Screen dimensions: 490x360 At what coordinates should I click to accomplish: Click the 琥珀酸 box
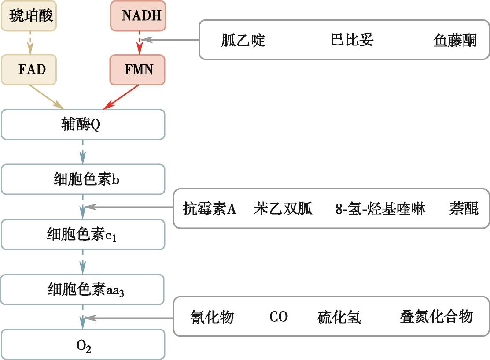point(29,15)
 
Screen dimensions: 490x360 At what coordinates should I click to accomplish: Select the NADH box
point(138,15)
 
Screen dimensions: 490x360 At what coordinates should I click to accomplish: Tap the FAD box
point(29,70)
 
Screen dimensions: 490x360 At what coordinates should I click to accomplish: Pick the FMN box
point(137,70)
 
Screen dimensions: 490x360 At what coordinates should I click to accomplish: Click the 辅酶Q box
point(83,125)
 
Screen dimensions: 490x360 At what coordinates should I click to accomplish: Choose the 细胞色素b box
point(83,179)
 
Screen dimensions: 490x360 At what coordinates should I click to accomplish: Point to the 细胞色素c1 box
point(83,234)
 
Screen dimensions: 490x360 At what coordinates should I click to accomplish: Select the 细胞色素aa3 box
point(82,289)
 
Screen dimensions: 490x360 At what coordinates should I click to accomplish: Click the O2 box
point(83,345)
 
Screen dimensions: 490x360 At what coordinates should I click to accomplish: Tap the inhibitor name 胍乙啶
point(243,40)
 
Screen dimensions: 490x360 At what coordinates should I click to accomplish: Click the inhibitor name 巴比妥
point(352,40)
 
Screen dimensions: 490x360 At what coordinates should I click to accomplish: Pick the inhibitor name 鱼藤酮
point(455,41)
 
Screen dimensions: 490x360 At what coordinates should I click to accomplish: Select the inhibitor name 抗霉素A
point(210,208)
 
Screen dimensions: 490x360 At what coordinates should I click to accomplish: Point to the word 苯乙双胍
point(283,208)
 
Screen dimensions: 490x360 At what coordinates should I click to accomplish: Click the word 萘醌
point(464,208)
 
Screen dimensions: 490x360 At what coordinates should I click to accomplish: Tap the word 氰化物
point(212,317)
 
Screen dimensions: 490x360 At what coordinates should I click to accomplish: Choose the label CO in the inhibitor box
point(278,317)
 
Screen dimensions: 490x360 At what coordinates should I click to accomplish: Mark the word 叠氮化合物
point(436,316)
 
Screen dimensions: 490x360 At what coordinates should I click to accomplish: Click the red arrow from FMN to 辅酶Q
point(121,97)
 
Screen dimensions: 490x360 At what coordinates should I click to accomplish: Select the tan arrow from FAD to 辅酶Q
point(47,96)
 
